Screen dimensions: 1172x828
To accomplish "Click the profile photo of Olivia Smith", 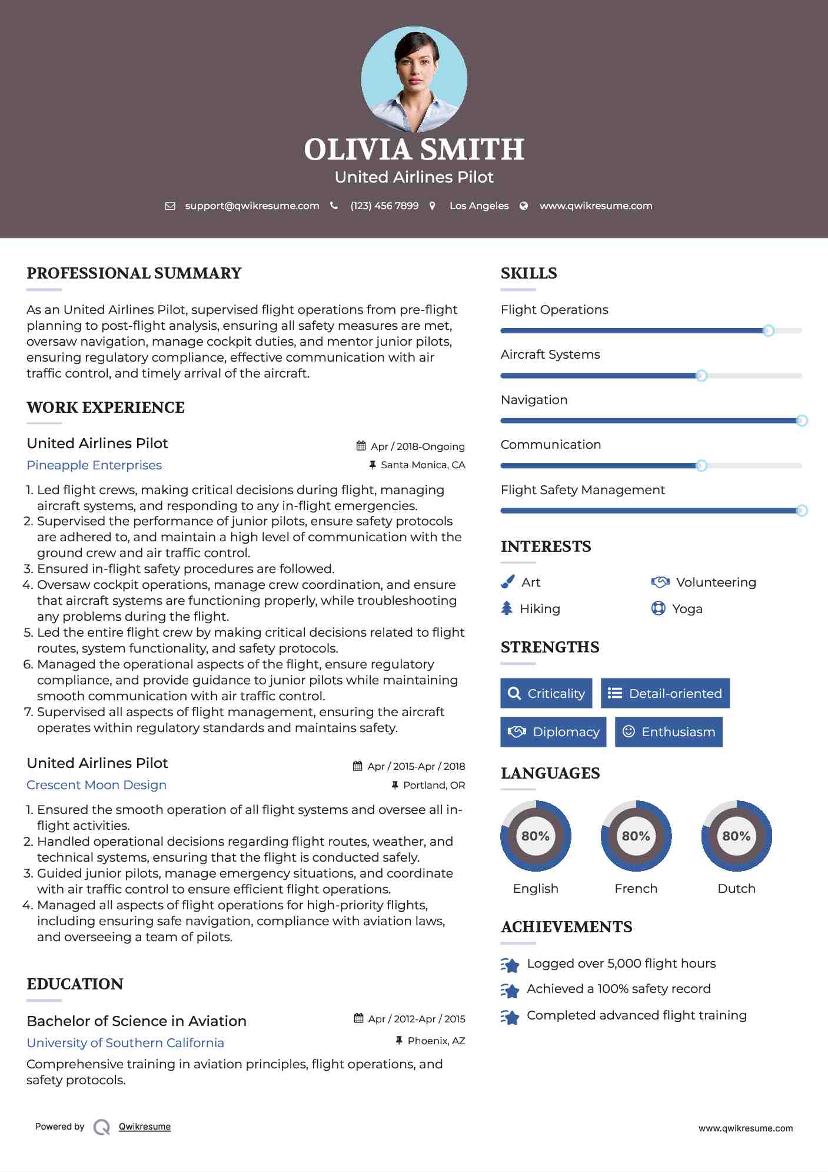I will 414,79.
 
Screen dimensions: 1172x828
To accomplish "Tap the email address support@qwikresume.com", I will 252,206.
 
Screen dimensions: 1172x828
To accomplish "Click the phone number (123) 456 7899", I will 384,206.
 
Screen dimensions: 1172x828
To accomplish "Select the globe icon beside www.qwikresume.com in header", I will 524,206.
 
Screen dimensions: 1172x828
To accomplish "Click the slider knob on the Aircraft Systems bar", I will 701,376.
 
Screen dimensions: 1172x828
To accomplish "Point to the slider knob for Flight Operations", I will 768,331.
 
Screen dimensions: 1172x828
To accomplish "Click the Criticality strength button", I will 546,693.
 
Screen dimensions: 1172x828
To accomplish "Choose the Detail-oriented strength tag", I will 665,693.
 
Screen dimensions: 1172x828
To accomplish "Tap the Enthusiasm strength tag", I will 669,731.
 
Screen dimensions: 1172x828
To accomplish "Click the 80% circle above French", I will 636,836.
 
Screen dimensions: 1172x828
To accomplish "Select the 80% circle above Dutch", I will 736,836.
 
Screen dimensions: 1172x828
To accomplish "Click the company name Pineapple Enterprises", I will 94,465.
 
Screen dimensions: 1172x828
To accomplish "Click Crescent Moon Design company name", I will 97,785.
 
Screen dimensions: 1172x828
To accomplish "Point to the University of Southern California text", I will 125,1043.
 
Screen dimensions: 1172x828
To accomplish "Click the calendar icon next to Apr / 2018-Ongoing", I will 361,446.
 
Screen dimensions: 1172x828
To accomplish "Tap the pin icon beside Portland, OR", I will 395,785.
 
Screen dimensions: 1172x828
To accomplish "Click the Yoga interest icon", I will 659,608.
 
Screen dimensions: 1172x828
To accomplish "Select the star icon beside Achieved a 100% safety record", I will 510,991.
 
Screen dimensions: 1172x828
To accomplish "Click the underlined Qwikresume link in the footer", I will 145,1127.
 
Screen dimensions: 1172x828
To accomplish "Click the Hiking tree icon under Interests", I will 507,608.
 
